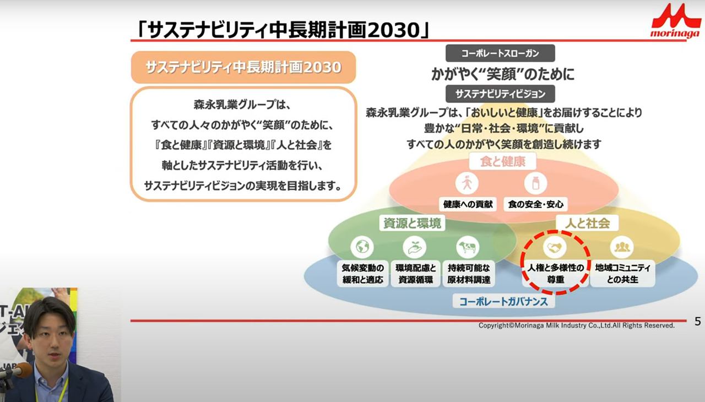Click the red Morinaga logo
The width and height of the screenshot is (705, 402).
[676, 21]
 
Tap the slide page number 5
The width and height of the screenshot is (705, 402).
[697, 321]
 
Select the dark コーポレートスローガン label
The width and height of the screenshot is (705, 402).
[500, 53]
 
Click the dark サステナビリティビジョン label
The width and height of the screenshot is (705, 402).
[500, 94]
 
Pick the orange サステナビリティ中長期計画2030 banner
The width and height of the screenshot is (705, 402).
[243, 67]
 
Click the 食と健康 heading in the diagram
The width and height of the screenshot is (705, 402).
[503, 161]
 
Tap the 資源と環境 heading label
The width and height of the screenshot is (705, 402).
[413, 223]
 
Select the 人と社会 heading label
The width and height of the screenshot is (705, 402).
[587, 223]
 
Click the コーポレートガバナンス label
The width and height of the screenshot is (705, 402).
[503, 301]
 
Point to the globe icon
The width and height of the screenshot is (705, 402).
[362, 247]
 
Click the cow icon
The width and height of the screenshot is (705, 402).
[468, 247]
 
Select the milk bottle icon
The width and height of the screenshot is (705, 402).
[536, 183]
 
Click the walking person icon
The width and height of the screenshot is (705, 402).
[467, 183]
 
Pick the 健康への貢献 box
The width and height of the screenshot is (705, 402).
[468, 204]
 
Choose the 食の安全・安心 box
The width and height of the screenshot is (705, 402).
[536, 204]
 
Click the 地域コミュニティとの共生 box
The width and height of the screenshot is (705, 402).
[622, 274]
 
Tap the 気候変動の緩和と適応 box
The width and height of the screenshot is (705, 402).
[362, 274]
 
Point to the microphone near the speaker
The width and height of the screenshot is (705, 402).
[17, 371]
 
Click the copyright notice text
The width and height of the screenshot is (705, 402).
[577, 325]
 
